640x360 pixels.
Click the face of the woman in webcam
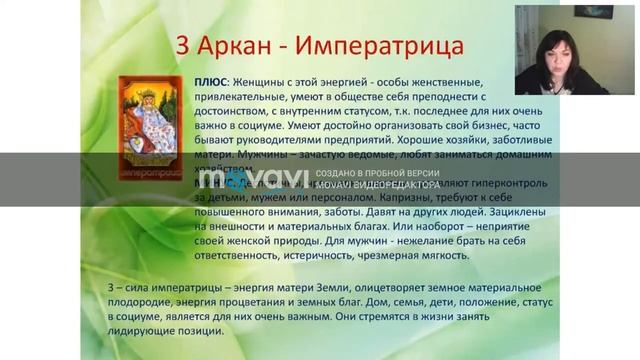[x=555, y=47]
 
